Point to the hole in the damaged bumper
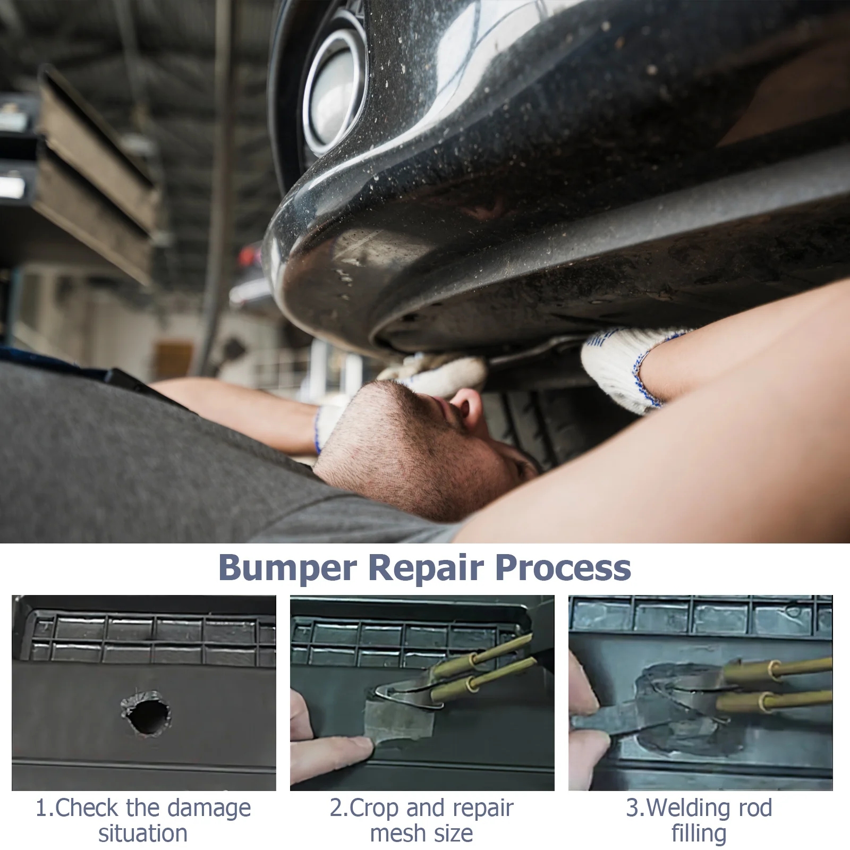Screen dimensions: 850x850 [147, 713]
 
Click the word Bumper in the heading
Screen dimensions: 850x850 [287, 568]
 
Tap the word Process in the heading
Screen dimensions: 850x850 [563, 567]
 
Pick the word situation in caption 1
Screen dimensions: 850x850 [143, 833]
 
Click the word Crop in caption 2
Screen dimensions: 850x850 [375, 809]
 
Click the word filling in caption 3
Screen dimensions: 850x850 [699, 833]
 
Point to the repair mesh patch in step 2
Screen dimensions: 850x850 [399, 720]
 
